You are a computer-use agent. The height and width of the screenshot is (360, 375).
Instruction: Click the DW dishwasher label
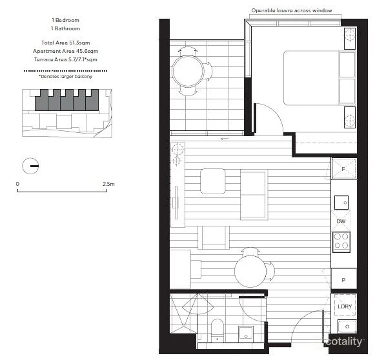341,221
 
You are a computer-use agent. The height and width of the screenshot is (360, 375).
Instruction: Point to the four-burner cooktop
341,243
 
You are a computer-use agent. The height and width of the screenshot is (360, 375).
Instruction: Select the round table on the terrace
187,68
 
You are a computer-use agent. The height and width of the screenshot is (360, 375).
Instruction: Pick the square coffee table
212,181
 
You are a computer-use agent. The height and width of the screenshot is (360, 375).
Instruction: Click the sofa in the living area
253,194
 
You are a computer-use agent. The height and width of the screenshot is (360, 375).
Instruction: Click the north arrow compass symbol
30,166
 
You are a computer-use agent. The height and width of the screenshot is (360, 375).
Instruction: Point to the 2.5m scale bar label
108,185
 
